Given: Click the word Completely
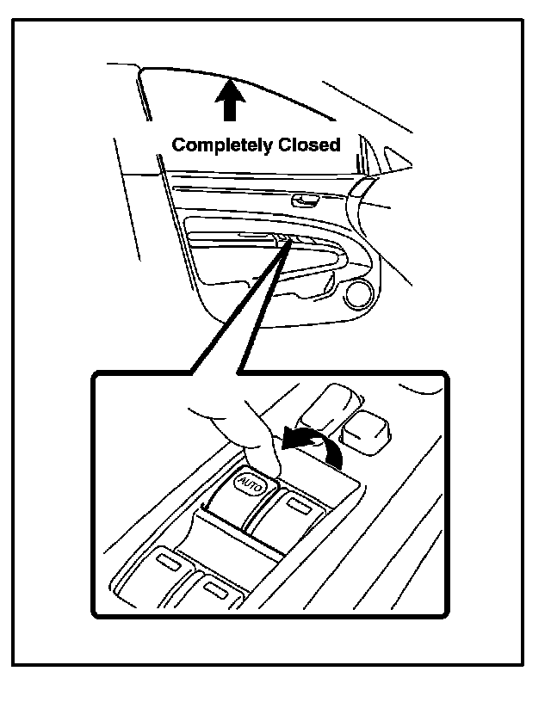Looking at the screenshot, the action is coord(221,145).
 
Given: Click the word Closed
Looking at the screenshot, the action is coord(308,145).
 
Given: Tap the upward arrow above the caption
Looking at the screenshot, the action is coord(229,100).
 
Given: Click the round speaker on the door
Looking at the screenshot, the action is coord(356,298).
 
